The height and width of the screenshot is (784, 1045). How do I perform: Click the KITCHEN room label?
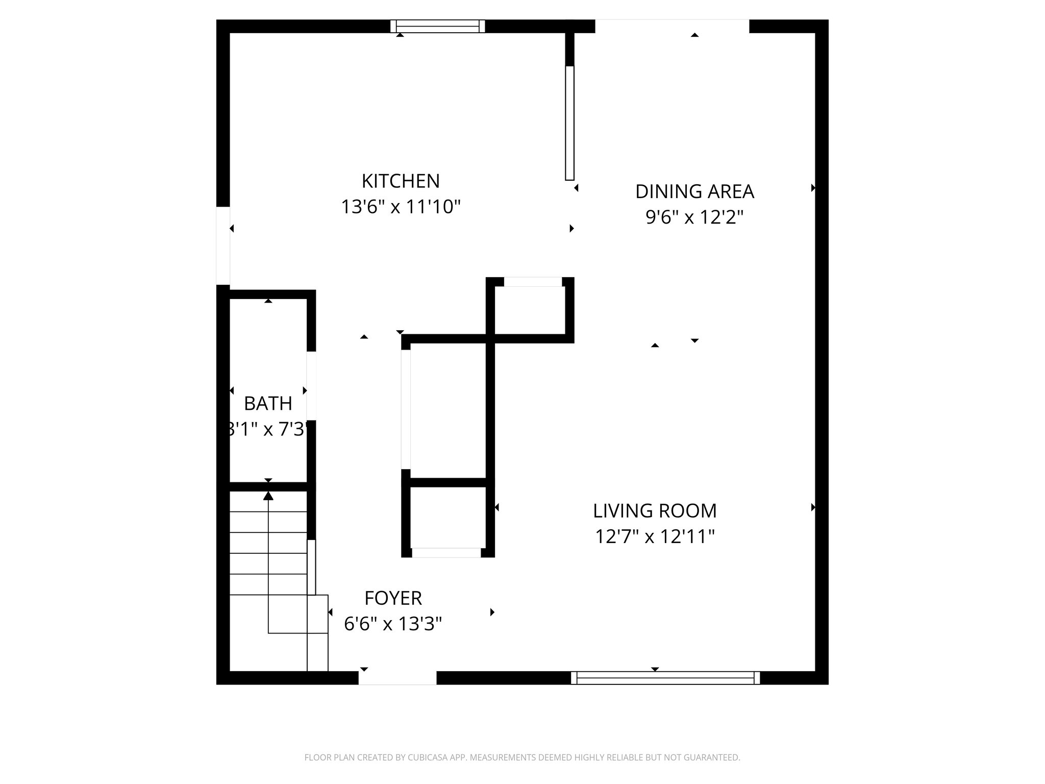(x=401, y=181)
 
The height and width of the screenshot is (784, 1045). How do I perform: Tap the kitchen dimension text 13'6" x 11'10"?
(x=401, y=207)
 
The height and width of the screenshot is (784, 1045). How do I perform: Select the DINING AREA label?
(x=694, y=191)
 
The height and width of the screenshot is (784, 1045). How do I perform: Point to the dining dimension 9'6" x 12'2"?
(x=694, y=218)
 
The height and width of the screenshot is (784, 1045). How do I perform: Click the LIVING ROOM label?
(x=655, y=510)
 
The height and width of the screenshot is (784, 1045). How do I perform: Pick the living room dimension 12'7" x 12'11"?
(x=655, y=537)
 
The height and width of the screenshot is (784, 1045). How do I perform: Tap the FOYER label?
(x=393, y=598)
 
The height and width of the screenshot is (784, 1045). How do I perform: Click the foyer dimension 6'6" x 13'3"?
(x=393, y=624)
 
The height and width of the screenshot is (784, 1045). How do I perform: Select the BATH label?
(x=268, y=404)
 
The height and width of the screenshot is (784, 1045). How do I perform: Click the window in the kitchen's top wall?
(x=438, y=26)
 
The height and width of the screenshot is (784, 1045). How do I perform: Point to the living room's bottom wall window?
(x=665, y=678)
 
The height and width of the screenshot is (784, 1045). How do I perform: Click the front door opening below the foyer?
(x=397, y=678)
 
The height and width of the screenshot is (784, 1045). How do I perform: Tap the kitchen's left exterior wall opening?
(x=223, y=246)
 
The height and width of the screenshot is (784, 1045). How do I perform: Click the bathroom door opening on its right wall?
(x=311, y=385)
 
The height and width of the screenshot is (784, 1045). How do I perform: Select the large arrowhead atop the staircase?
(x=268, y=496)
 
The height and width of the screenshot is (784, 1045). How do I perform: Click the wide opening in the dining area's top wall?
(x=672, y=26)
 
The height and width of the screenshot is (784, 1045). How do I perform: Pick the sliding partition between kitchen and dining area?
(x=570, y=123)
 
